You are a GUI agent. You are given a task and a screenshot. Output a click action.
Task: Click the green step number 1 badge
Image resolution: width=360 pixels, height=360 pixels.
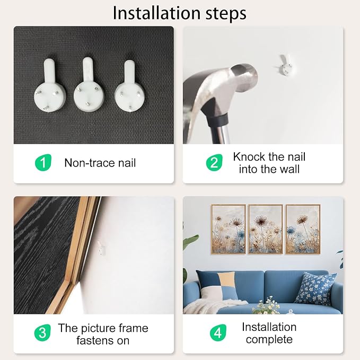point(43,163)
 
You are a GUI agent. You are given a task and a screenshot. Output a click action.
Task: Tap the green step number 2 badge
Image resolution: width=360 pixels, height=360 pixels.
point(214,163)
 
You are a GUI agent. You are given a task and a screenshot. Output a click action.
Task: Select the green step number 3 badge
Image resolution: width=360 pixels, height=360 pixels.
point(42,332)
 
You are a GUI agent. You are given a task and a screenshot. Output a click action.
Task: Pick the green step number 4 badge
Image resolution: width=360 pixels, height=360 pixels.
point(218,332)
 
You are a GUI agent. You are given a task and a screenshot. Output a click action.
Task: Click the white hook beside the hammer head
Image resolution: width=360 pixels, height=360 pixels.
point(286,65)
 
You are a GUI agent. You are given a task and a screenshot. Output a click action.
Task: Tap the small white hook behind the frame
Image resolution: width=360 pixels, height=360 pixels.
point(101,248)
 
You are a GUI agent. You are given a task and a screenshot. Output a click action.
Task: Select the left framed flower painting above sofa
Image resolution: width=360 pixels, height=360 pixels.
point(229,229)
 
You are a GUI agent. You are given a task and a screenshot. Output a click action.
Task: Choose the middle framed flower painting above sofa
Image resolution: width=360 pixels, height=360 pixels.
point(266,229)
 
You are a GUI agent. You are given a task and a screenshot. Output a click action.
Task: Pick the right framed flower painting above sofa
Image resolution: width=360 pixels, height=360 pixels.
point(303,229)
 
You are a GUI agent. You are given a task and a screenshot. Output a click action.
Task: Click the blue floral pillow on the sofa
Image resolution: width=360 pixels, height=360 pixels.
point(315,288)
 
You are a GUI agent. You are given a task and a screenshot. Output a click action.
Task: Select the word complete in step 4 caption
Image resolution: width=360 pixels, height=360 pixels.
point(269,339)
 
